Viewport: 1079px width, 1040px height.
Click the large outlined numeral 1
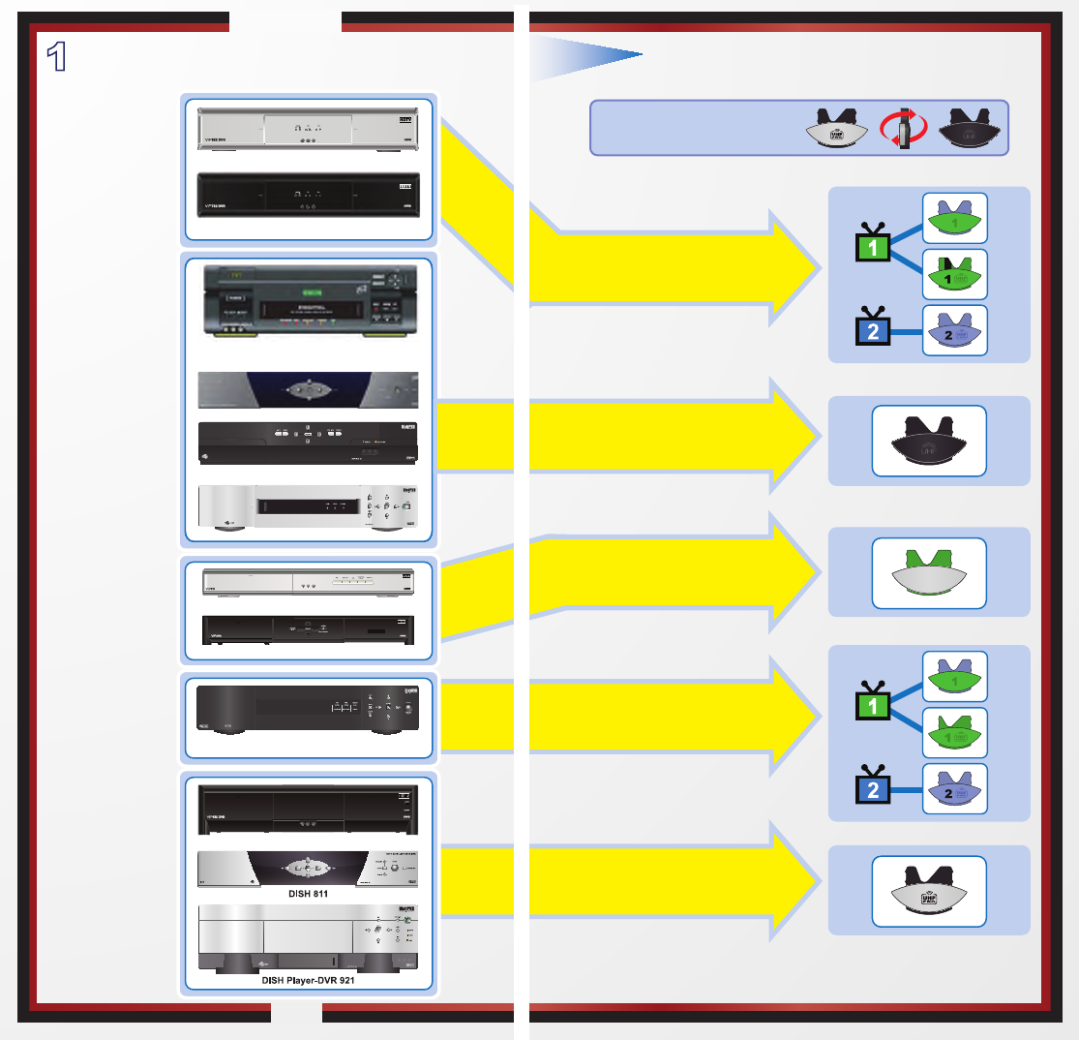pyautogui.click(x=58, y=56)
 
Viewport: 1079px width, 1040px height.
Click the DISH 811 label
pyautogui.click(x=309, y=894)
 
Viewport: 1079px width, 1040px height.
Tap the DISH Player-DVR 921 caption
pyautogui.click(x=309, y=979)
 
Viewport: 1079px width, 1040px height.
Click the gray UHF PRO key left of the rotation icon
pyautogui.click(x=834, y=128)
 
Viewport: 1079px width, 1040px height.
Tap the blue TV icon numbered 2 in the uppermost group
pyautogui.click(x=873, y=331)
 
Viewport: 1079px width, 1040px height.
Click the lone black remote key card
pyautogui.click(x=929, y=441)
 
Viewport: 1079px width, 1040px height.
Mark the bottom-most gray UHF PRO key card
pyautogui.click(x=929, y=891)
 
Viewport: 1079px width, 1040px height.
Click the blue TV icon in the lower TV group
pyautogui.click(x=873, y=789)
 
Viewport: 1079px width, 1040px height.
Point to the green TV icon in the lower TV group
pyautogui.click(x=873, y=705)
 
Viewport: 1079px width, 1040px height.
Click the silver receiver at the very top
pyautogui.click(x=308, y=128)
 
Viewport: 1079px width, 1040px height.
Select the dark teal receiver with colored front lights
pyautogui.click(x=309, y=299)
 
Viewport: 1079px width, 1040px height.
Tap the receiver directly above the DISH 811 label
pyautogui.click(x=309, y=868)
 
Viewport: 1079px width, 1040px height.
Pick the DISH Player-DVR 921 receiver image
pyautogui.click(x=309, y=937)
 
